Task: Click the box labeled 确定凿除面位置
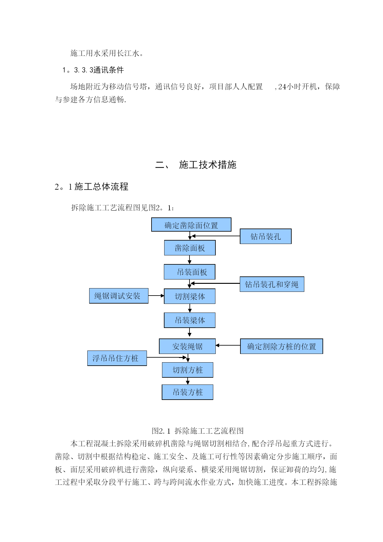coord(191,225)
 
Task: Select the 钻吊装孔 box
coord(266,236)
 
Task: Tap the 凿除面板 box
coord(190,248)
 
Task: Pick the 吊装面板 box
coord(189,272)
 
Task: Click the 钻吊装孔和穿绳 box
coord(272,284)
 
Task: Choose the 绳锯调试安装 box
coord(119,296)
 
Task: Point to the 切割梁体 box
coord(189,296)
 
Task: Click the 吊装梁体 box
coord(189,320)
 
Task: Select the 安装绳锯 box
coord(187,346)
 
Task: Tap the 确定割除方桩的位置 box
coord(281,346)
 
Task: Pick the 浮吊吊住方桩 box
coord(117,358)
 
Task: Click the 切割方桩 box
coord(188,370)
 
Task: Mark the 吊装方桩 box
coord(187,392)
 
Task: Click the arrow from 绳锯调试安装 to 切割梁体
coord(156,296)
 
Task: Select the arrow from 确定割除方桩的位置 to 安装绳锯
coord(228,345)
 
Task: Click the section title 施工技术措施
coord(208,165)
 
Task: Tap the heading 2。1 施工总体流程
coord(91,187)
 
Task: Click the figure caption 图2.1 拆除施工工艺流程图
coord(198,431)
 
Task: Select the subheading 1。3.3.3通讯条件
coord(93,70)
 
